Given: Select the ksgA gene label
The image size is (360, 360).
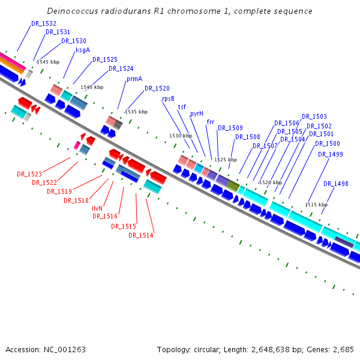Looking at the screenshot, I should [x=83, y=50].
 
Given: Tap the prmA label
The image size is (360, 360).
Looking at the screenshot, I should [x=134, y=79].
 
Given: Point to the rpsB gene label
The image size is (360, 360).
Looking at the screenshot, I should [x=168, y=98].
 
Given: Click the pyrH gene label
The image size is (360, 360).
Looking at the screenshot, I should [x=197, y=113].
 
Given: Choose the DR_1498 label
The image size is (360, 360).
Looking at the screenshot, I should [x=336, y=184].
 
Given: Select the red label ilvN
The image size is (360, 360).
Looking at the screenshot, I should [x=97, y=208].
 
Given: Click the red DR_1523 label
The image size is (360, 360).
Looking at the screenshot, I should [x=29, y=174].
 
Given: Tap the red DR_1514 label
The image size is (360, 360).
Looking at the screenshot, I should [x=141, y=235].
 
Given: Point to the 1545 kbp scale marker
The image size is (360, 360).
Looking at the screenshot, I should [x=48, y=62].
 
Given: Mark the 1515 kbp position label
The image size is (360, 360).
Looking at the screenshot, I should [x=316, y=205].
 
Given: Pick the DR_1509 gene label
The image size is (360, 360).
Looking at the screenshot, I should [x=230, y=128].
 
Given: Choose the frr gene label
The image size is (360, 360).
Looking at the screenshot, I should [x=211, y=122].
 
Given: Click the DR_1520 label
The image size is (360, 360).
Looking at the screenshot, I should [x=157, y=88].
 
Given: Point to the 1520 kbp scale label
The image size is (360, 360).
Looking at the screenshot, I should [x=271, y=182].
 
